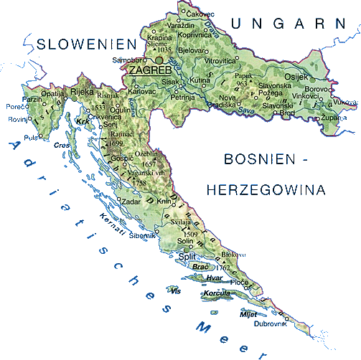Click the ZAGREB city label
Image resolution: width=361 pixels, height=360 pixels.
[149, 72]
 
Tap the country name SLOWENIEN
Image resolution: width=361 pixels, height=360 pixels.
[85, 44]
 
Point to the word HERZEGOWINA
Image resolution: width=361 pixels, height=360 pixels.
[265, 190]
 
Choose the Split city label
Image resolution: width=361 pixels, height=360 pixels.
[187, 256]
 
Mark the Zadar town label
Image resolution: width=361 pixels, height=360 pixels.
[131, 203]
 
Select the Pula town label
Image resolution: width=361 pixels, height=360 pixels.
[30, 138]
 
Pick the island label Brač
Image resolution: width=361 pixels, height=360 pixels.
[200, 267]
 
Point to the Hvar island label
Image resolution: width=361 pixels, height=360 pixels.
[214, 278]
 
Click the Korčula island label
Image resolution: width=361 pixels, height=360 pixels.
[216, 294]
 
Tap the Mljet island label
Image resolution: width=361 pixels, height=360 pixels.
[249, 313]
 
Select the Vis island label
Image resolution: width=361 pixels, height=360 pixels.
[176, 290]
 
